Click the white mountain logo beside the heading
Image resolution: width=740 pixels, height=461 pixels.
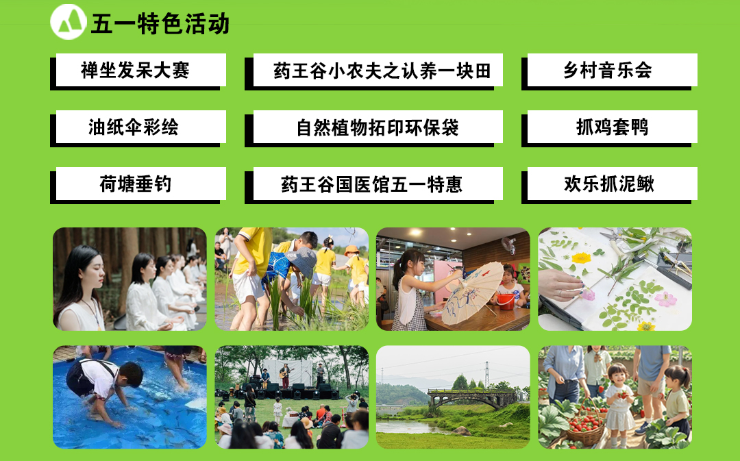69,22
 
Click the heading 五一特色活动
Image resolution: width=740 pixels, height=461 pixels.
160,23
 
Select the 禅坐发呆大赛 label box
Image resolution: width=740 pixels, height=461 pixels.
138,71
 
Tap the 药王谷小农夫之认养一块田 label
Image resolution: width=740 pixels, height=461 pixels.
374,71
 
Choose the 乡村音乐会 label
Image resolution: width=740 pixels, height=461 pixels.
609,71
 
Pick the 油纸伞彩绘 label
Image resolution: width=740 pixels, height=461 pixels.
138,128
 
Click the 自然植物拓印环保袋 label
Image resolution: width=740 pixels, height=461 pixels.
374,128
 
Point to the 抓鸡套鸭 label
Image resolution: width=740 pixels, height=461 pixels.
609,128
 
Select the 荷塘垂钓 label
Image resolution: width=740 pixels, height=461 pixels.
138,185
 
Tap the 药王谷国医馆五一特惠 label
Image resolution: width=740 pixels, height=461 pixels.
374,185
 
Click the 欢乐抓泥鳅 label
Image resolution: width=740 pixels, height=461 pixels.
609,185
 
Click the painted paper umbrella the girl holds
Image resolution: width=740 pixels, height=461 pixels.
472,292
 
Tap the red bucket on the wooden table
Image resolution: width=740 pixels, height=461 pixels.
506,301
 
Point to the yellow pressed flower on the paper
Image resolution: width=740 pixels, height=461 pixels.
581,258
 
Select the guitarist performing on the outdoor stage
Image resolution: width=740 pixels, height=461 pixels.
284,375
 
